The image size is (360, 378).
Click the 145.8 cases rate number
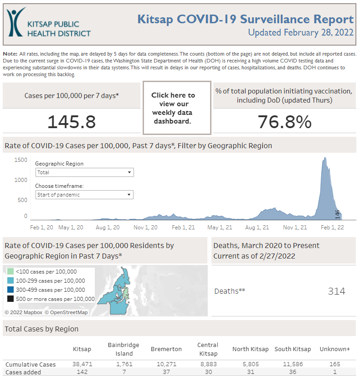[72, 122]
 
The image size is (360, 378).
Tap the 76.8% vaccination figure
[284, 122]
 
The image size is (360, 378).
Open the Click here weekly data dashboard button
[177, 108]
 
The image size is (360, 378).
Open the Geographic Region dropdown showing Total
[84, 172]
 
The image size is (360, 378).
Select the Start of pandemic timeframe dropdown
[84, 195]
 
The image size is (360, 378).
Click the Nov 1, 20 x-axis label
[146, 227]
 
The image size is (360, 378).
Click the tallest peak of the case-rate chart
[325, 159]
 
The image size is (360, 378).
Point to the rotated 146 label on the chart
[338, 214]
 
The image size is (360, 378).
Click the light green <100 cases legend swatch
[10, 272]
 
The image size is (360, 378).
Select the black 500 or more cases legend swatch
[10, 299]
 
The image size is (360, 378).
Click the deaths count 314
[336, 291]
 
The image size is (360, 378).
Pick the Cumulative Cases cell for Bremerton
[166, 365]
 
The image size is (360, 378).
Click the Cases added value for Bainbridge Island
[124, 372]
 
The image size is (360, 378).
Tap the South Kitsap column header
[293, 349]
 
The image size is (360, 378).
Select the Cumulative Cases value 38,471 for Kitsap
[82, 365]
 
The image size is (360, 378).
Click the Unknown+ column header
[334, 349]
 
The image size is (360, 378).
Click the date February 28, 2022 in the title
[319, 33]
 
